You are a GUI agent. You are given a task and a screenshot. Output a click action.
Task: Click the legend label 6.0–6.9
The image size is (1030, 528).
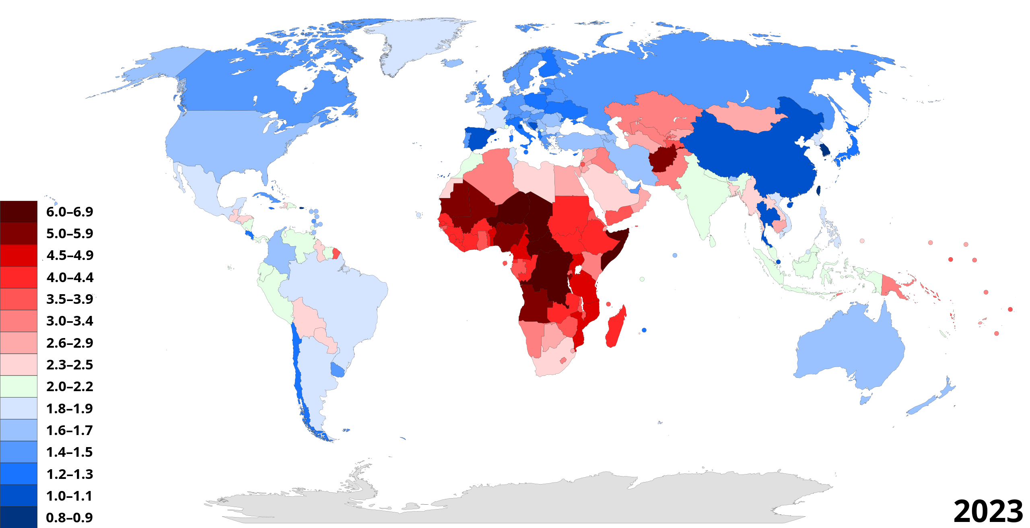click(x=70, y=212)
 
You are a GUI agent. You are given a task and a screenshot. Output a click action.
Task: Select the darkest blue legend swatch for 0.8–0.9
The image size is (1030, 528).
click(x=19, y=518)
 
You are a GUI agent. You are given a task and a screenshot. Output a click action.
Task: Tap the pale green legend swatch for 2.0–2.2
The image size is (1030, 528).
click(x=19, y=387)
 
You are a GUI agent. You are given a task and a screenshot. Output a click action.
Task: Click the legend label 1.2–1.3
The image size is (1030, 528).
click(x=70, y=474)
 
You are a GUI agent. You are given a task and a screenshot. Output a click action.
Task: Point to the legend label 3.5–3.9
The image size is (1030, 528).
click(x=70, y=299)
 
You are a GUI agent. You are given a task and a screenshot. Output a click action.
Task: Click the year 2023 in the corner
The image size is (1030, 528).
click(x=988, y=511)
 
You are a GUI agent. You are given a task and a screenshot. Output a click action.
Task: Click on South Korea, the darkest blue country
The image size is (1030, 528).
click(x=825, y=150)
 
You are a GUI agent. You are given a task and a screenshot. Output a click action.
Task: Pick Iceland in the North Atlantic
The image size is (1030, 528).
click(x=453, y=63)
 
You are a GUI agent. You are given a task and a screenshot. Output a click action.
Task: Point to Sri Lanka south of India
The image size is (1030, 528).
click(x=712, y=241)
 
